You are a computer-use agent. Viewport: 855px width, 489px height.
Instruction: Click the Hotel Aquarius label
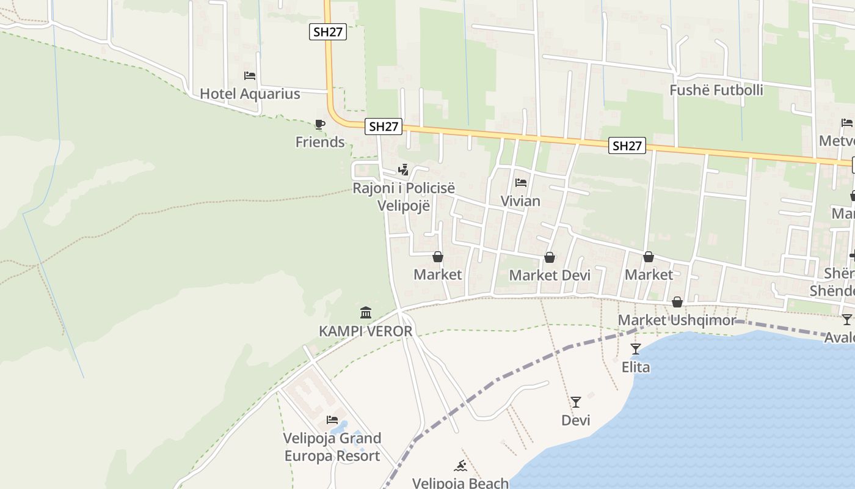250,94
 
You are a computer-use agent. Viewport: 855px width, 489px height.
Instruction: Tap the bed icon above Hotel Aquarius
250,76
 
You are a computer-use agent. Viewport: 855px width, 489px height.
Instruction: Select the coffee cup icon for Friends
319,125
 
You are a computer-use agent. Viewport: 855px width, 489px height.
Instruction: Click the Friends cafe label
320,142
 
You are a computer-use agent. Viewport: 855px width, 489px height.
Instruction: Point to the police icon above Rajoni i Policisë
403,169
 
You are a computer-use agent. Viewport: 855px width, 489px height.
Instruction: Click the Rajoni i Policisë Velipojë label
404,197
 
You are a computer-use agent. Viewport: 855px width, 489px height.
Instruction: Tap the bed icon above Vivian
520,183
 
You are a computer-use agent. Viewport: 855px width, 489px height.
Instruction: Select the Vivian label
520,201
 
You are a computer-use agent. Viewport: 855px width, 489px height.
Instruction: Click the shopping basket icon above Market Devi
550,257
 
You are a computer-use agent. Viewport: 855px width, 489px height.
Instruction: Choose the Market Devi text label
550,275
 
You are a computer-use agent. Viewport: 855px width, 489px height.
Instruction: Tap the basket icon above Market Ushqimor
677,302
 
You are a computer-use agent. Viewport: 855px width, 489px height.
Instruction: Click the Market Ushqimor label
677,320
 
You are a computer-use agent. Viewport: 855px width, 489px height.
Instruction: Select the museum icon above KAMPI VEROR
366,313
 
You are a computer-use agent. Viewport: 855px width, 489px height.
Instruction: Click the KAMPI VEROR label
366,331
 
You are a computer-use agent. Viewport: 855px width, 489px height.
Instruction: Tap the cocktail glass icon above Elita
636,349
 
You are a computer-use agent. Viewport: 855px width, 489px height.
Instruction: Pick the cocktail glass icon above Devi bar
576,402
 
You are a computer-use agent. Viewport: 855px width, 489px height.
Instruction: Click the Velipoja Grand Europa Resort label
332,447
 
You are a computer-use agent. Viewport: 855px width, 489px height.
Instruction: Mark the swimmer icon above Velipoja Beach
460,466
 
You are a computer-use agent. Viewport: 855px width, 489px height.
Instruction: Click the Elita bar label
636,367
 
